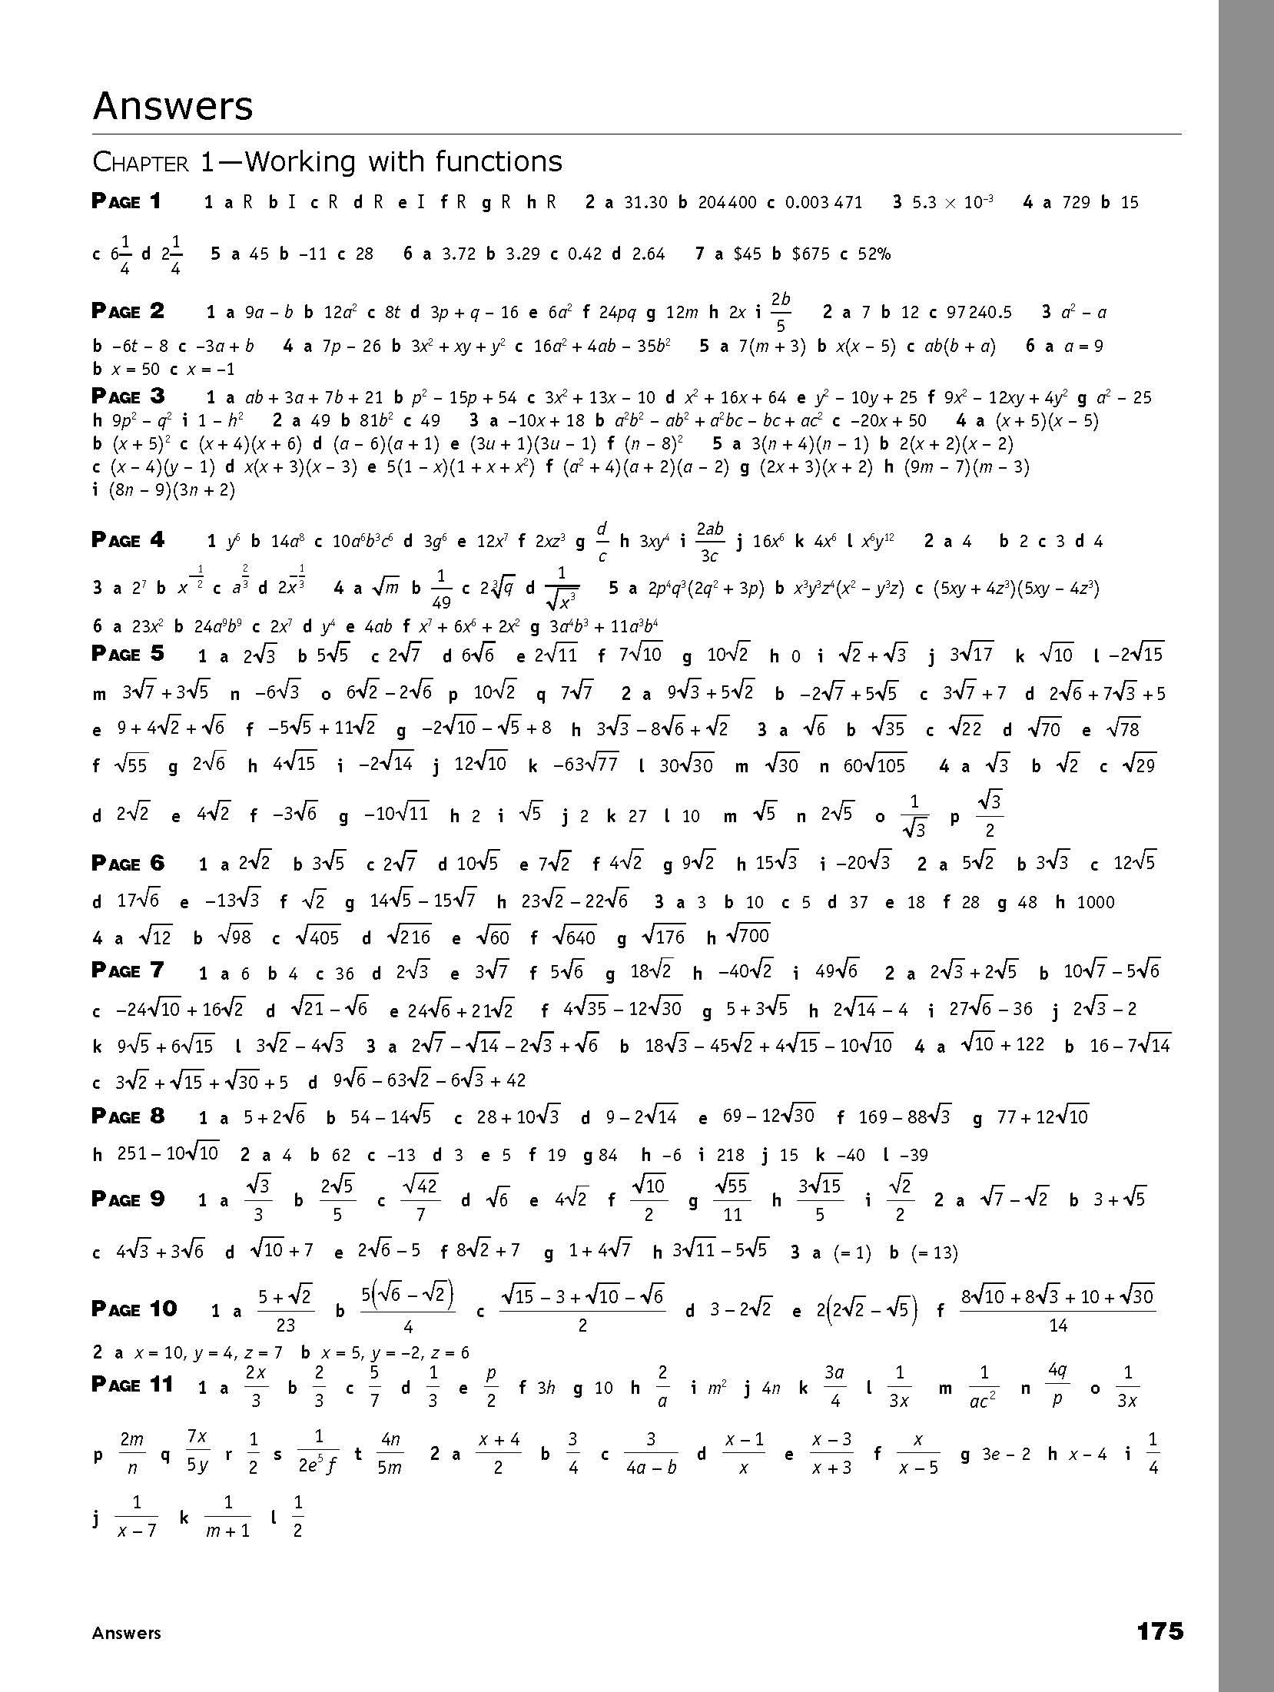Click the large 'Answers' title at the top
173,106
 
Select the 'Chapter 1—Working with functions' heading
327,162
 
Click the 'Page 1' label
127,202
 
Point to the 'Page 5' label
128,654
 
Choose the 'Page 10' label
134,1309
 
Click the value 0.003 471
824,203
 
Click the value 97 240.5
980,312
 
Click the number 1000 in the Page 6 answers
1096,903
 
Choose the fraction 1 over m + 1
227,1516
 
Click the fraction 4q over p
1057,1386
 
